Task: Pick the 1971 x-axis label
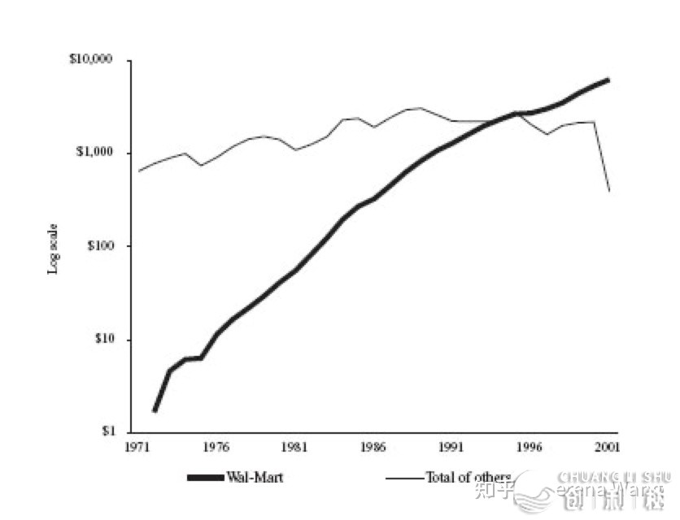pos(138,447)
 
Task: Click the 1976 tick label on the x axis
pos(216,447)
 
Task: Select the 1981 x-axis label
pos(294,447)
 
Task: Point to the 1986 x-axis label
pos(373,447)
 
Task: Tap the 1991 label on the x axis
pos(451,447)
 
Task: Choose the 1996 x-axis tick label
pos(530,447)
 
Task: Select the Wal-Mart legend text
pos(259,477)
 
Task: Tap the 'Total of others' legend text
pos(468,477)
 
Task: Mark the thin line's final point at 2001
pos(608,191)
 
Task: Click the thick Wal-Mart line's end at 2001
pos(608,80)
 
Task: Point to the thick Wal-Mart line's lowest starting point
pos(155,410)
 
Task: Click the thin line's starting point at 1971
pos(138,171)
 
